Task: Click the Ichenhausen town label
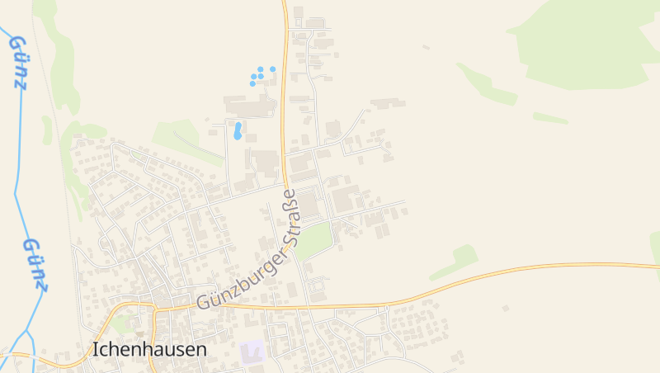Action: pyautogui.click(x=149, y=350)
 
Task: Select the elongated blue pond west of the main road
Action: pyautogui.click(x=238, y=130)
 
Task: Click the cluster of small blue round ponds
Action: pyautogui.click(x=260, y=76)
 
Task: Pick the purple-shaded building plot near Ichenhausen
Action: pyautogui.click(x=252, y=351)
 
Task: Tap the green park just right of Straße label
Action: pyautogui.click(x=314, y=239)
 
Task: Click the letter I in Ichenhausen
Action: pyautogui.click(x=96, y=350)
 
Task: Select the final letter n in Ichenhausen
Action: pyautogui.click(x=201, y=350)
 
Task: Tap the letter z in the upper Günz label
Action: pyautogui.click(x=20, y=82)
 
